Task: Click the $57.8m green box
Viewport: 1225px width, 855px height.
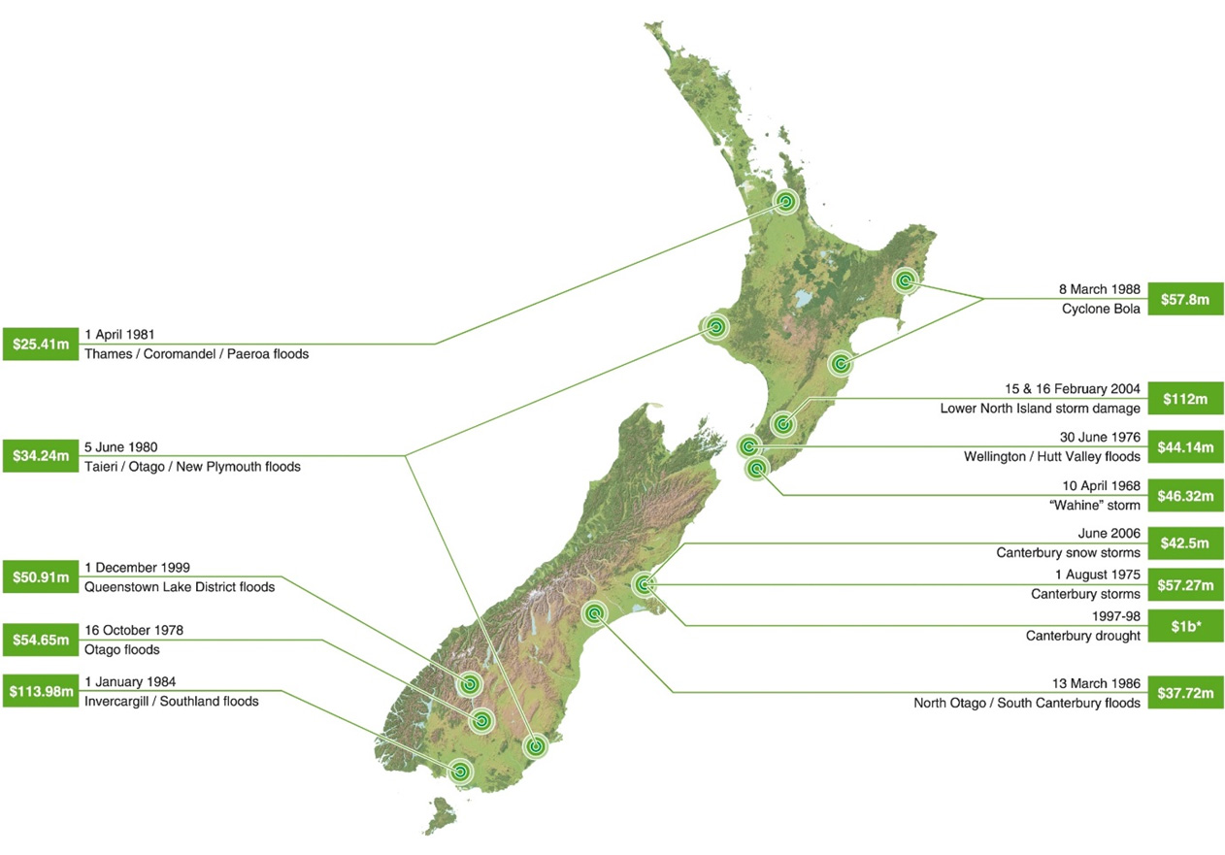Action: click(x=1185, y=298)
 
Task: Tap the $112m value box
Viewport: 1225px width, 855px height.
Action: click(x=1185, y=398)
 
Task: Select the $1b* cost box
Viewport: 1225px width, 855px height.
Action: click(x=1185, y=626)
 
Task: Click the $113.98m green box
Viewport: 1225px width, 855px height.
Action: click(x=39, y=690)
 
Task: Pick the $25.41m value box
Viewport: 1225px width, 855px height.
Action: click(x=39, y=344)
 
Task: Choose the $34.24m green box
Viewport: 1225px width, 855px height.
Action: click(x=39, y=455)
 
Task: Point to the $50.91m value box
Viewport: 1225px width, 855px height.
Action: click(x=39, y=576)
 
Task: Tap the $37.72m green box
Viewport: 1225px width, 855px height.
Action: click(x=1185, y=693)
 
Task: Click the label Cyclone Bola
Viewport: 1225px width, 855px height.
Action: click(x=1103, y=308)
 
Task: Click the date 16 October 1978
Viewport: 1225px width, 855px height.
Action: click(x=133, y=630)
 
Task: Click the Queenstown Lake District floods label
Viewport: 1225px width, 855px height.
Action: click(x=179, y=586)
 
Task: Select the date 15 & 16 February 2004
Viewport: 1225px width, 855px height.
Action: click(x=1073, y=388)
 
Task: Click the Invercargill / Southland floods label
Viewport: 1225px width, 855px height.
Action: click(x=171, y=700)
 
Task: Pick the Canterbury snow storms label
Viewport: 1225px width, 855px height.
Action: click(x=1068, y=552)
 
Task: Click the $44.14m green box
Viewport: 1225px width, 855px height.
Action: click(x=1185, y=447)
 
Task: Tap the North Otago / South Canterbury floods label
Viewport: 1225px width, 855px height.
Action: click(x=1026, y=703)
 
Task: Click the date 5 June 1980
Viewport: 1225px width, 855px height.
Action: click(x=120, y=446)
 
